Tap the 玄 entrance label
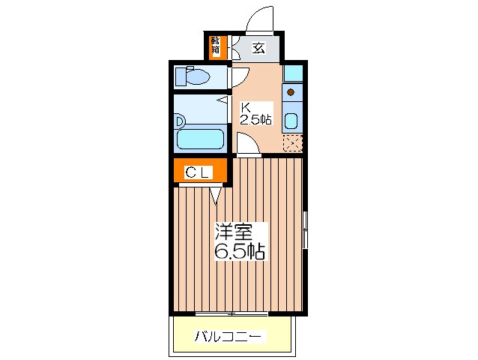click(258, 48)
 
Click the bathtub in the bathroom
click(200, 139)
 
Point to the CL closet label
click(198, 173)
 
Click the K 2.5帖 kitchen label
click(255, 113)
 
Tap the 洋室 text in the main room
click(234, 232)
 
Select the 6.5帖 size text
click(240, 251)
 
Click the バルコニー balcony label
click(228, 337)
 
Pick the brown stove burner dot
click(291, 91)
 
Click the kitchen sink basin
click(291, 121)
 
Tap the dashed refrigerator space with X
click(293, 143)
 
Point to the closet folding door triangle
click(216, 196)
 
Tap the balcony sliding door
click(232, 313)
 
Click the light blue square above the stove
click(293, 73)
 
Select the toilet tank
click(180, 76)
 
